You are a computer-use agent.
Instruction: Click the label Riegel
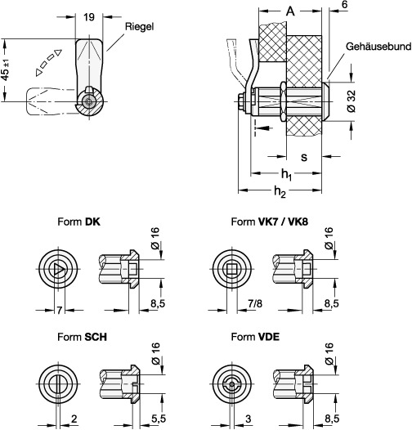tap(138, 26)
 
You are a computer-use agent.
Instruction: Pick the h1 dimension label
tap(285, 174)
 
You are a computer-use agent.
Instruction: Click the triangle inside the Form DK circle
tap(56, 269)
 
